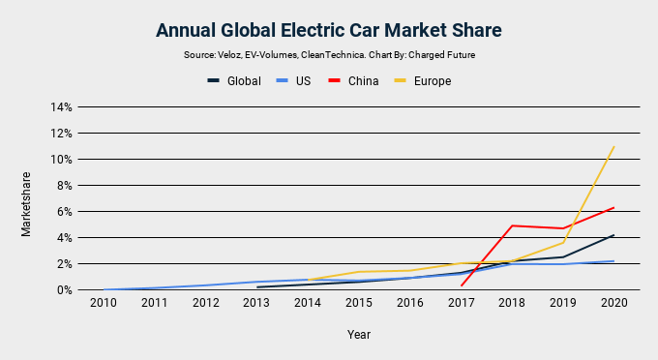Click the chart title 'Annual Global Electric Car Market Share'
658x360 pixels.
coord(328,30)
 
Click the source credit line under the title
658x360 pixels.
coord(328,55)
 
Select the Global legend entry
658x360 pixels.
coord(234,81)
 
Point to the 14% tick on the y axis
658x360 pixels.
coord(60,106)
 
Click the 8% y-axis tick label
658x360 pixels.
coord(63,185)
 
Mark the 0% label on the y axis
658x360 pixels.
coord(63,289)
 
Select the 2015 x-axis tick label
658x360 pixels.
coord(358,303)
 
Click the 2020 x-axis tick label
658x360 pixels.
coord(614,303)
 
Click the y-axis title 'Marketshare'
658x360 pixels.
coord(27,204)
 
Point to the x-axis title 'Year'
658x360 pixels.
coord(358,335)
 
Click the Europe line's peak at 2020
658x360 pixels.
coord(614,147)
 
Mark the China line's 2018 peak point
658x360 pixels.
coord(511,225)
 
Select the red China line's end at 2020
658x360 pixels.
coord(614,207)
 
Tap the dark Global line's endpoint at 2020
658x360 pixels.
coord(614,234)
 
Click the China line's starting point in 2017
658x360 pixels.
coord(461,285)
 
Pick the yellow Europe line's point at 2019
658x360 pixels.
coord(563,242)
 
